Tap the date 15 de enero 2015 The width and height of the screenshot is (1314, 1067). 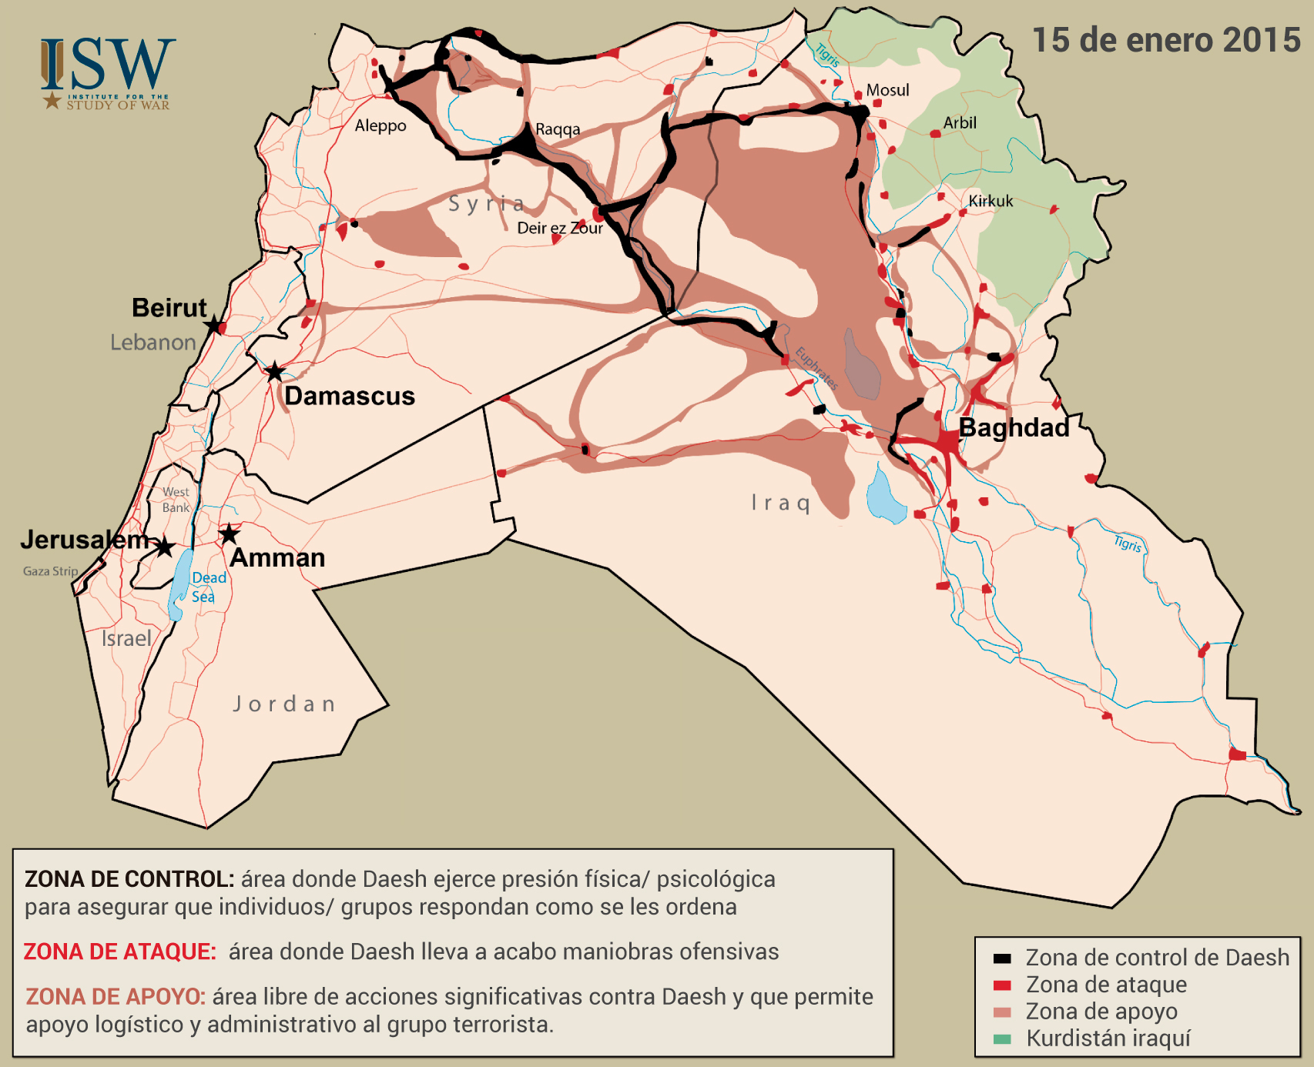tap(1165, 41)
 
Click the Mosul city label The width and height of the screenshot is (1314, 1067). tap(887, 90)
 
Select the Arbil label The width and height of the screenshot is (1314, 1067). tap(960, 122)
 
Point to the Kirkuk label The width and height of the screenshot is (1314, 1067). tap(991, 201)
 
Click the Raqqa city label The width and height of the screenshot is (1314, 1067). tap(558, 129)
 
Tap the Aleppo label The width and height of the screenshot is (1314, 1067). tap(380, 125)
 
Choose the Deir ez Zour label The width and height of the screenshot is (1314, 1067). tap(560, 228)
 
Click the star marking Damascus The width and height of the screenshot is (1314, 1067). tap(274, 373)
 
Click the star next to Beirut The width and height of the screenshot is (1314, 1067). tap(213, 326)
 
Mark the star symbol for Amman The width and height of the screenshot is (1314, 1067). tap(229, 533)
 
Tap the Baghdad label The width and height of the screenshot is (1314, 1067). tap(1014, 427)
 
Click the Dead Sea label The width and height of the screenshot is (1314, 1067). tap(208, 587)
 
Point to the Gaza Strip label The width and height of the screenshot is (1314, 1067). tap(50, 571)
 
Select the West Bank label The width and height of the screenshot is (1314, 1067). tap(176, 500)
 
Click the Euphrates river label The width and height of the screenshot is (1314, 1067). tap(816, 369)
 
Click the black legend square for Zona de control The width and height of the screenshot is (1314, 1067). tap(1002, 958)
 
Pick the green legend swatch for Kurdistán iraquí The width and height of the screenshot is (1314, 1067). tap(1002, 1039)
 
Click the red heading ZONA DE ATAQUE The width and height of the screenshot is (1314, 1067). tap(119, 952)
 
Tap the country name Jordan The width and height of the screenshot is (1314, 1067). tap(284, 704)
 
